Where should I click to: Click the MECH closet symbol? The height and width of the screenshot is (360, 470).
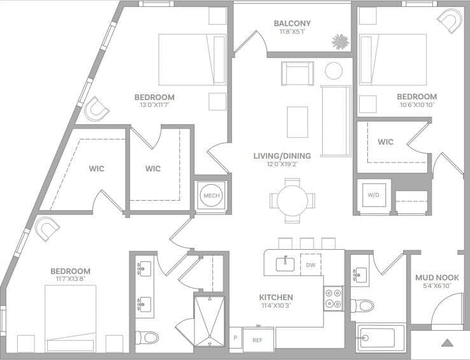210,195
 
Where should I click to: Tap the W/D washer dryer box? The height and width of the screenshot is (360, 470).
372,196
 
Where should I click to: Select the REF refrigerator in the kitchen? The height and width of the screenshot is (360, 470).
258,340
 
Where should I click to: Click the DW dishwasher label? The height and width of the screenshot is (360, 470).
311,264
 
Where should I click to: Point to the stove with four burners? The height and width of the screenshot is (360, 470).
333,298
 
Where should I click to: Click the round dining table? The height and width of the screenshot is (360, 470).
292,200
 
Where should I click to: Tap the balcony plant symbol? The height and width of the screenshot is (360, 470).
339,41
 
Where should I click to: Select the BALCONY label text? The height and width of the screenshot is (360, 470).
292,24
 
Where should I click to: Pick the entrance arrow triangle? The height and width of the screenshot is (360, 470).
447,343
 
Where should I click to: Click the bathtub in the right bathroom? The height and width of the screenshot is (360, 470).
380,338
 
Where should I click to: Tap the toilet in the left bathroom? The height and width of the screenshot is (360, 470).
147,336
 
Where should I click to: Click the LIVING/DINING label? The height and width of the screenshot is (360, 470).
282,155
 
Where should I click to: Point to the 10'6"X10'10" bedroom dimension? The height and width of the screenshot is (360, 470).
416,106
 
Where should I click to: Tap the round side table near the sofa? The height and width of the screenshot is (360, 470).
334,70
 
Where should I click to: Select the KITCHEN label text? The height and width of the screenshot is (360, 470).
275,298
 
